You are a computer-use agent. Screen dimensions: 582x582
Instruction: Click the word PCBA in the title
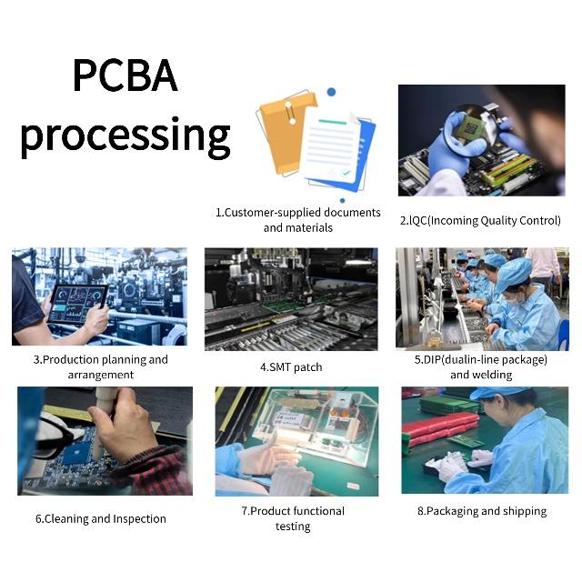click(125, 76)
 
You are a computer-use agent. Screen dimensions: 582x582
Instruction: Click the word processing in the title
click(125, 135)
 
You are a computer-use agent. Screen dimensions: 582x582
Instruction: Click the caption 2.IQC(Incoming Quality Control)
click(480, 220)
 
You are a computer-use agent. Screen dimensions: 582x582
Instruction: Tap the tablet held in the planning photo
click(77, 303)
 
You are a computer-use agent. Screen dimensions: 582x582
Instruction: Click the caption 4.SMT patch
click(290, 367)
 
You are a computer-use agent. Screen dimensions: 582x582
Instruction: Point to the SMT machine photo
click(290, 298)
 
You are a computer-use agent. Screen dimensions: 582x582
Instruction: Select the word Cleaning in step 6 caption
click(70, 519)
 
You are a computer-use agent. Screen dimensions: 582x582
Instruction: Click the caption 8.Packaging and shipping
click(481, 511)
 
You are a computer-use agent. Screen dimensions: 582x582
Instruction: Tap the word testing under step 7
click(293, 527)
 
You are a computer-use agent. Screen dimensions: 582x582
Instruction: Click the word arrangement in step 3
click(100, 375)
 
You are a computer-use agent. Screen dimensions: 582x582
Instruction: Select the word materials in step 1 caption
click(310, 227)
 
